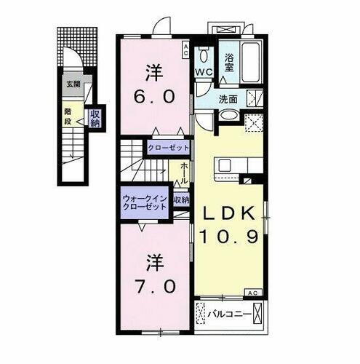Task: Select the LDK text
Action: (228, 213)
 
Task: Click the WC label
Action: (202, 72)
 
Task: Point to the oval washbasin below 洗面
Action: (228, 115)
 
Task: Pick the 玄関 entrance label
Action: (73, 84)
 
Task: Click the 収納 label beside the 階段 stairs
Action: (95, 118)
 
